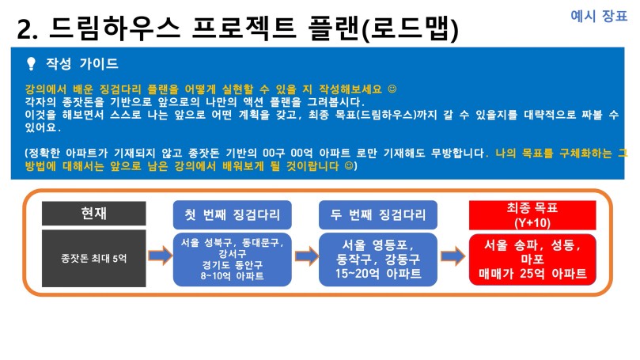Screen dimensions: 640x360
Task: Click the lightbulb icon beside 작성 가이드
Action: click(31, 64)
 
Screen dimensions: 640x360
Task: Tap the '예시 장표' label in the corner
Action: click(599, 16)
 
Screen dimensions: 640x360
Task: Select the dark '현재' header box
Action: click(94, 213)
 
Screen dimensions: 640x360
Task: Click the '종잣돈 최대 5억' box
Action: click(94, 259)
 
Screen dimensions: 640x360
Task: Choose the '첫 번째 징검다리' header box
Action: click(233, 214)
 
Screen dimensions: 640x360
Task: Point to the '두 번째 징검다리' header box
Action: click(378, 214)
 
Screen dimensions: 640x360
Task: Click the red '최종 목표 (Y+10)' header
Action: click(532, 215)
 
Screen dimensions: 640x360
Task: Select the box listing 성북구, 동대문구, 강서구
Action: click(233, 260)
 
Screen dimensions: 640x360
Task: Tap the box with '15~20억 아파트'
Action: click(378, 260)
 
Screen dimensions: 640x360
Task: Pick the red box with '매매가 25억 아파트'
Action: click(532, 260)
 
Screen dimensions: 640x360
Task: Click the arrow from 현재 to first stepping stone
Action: click(160, 256)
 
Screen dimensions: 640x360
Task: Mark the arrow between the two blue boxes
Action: click(306, 256)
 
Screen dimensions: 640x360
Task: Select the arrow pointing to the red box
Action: click(453, 256)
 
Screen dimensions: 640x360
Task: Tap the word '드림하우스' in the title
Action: click(115, 28)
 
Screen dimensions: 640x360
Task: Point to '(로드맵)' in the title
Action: click(411, 29)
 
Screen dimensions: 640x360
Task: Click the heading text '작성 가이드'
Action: click(81, 63)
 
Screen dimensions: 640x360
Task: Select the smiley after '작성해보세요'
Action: click(392, 89)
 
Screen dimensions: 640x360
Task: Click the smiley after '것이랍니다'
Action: click(349, 165)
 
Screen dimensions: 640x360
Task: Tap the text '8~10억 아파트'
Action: click(233, 276)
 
